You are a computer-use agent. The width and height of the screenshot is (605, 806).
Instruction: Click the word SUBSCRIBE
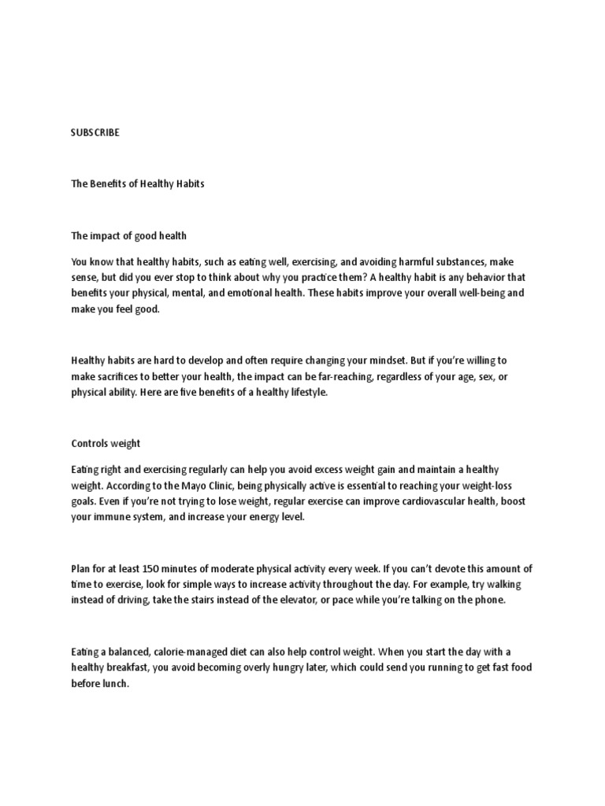click(x=95, y=133)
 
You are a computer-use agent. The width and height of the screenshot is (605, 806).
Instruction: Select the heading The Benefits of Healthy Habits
click(x=138, y=184)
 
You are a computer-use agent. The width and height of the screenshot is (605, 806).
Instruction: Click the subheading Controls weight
click(x=106, y=444)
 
